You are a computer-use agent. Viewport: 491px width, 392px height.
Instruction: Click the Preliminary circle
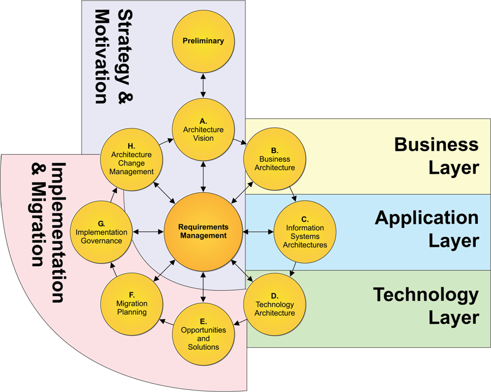coord(203,41)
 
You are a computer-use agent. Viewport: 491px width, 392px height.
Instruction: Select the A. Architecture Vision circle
coord(203,130)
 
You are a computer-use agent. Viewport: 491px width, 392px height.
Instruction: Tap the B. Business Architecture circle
coord(274,159)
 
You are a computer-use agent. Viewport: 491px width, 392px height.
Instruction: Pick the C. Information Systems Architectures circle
coord(305,232)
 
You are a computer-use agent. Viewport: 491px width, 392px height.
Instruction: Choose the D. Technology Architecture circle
coord(274,304)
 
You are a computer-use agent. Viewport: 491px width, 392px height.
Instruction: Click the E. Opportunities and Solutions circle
coord(203,334)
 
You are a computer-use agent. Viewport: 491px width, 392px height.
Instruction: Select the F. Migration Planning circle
coord(131,304)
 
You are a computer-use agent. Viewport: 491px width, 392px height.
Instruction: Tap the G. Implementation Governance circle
coord(101,232)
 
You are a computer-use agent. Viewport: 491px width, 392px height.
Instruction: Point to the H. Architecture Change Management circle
coord(131,160)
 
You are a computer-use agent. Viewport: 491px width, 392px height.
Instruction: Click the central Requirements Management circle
coord(203,231)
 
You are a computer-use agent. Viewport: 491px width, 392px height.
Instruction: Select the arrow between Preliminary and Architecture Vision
coord(203,85)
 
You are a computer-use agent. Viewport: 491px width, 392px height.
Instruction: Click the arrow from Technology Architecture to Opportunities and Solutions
coord(240,321)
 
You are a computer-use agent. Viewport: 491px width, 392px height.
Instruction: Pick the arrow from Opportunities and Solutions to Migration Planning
coord(166,322)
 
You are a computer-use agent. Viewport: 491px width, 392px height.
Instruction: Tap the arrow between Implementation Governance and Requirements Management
coord(148,232)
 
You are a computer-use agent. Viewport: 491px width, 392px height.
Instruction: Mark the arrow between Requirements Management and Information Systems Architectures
coord(259,232)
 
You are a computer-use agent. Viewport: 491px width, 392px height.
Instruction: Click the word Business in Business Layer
coord(436,144)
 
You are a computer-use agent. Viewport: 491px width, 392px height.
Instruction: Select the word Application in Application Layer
coord(427,218)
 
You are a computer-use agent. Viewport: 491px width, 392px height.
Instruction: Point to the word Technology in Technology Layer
coord(426,295)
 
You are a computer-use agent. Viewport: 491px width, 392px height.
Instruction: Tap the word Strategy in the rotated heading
coord(125,47)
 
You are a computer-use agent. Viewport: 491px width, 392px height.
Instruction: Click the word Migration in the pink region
coord(39,225)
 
